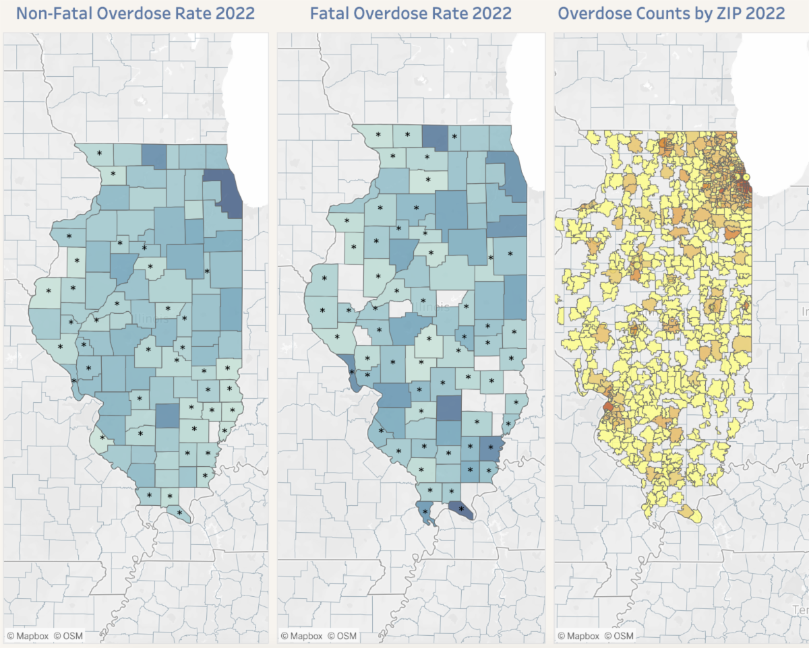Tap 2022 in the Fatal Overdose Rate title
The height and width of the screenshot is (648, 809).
tap(487, 13)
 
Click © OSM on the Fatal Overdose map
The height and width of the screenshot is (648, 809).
tap(342, 635)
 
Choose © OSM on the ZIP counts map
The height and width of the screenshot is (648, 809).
tap(619, 635)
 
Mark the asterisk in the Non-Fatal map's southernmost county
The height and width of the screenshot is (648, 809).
tap(179, 513)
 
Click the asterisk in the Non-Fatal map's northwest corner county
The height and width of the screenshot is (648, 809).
tap(99, 154)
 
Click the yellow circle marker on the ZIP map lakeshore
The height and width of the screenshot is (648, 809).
tap(745, 177)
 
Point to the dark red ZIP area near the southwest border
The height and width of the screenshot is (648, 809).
tap(608, 407)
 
